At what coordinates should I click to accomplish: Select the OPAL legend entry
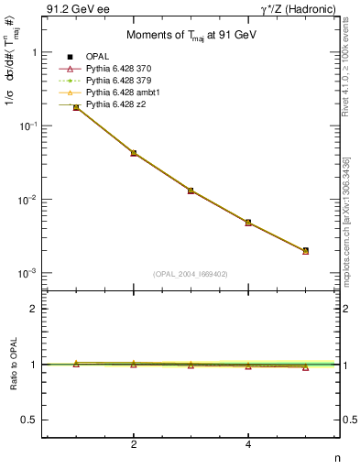click(100, 58)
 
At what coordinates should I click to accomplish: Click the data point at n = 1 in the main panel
click(76, 107)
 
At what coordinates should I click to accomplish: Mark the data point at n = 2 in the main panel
click(134, 153)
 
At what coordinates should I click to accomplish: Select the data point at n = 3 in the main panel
click(191, 191)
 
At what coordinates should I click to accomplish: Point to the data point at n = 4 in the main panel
click(248, 223)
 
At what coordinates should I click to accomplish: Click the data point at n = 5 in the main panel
click(305, 251)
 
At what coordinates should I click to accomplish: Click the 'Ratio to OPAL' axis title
click(12, 365)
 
